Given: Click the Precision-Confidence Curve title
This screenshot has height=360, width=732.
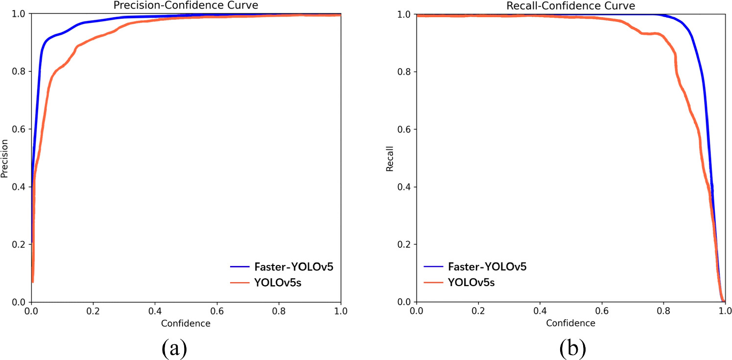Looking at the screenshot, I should pos(186,6).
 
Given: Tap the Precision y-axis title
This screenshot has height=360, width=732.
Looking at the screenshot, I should pos(5,158).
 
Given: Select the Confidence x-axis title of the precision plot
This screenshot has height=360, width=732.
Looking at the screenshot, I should pos(186,323).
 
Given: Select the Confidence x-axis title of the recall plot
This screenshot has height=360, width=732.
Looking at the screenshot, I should pos(571,323).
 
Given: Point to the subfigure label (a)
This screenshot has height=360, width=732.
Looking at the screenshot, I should pos(173,348).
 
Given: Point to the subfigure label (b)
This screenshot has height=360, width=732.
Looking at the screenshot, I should pos(572,348).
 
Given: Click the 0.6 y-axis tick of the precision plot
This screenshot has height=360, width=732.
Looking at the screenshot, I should pos(19,129).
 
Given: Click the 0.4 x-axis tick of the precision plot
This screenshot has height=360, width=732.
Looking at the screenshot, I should pos(155,311).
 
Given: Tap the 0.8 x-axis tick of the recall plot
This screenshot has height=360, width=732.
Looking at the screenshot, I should pos(663,311).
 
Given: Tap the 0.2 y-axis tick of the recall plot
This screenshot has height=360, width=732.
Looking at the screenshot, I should pos(404,244).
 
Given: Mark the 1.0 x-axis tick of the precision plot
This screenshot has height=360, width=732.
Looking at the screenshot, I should pos(341,311).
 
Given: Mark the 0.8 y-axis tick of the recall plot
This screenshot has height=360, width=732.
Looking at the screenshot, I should pos(404,72).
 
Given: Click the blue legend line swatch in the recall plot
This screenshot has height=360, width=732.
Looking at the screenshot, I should pos(434,267).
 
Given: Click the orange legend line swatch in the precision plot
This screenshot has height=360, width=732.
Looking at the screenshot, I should pos(241,282).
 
